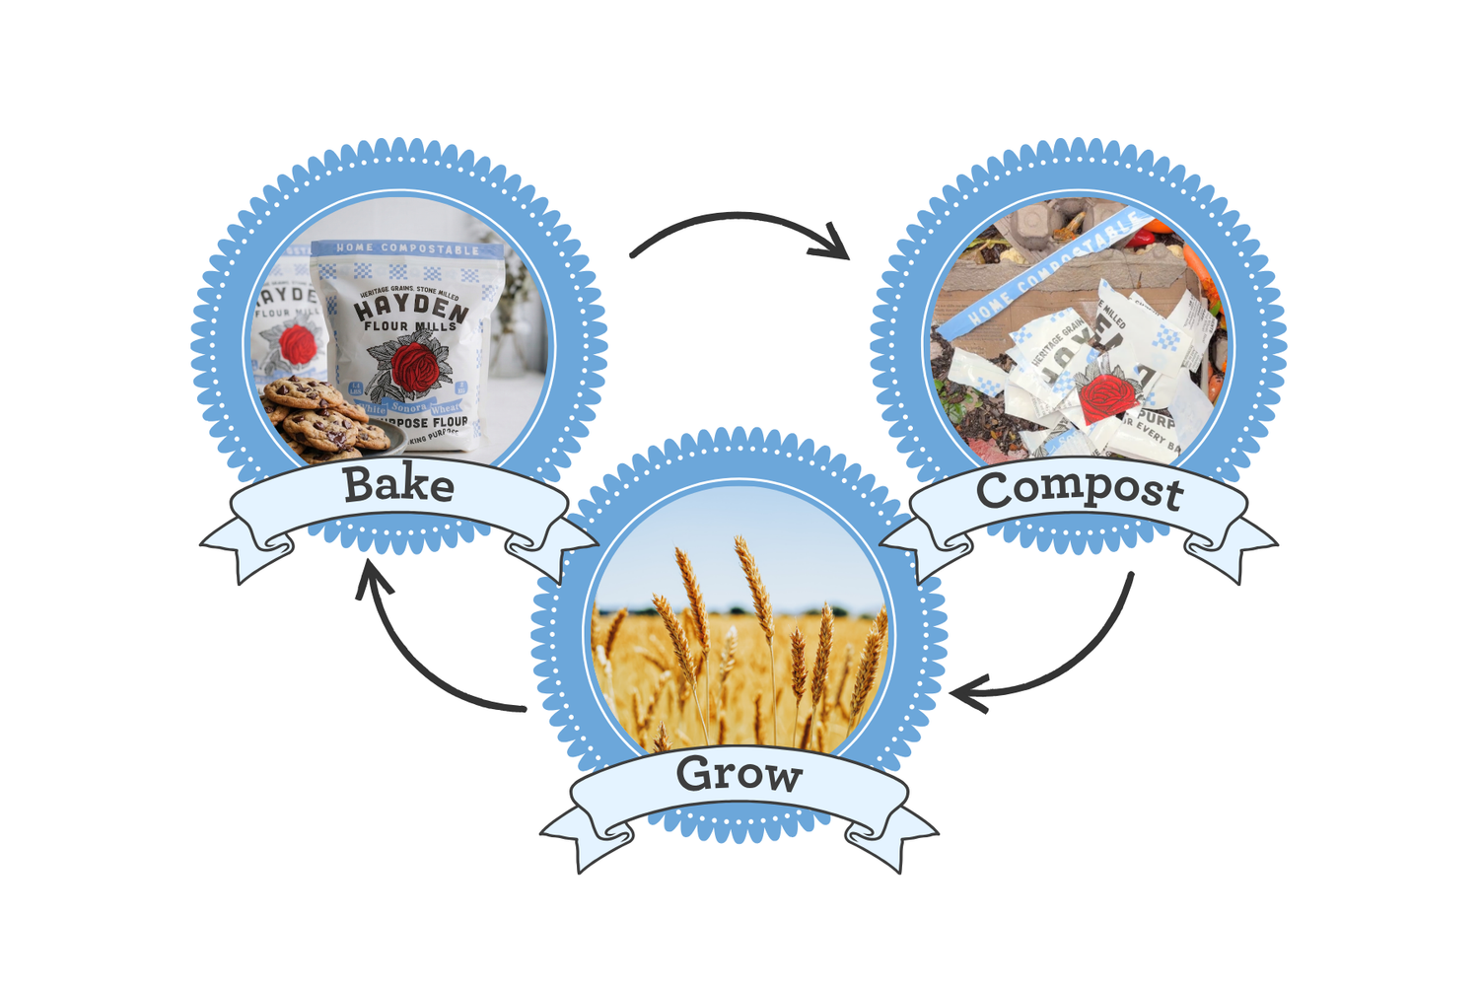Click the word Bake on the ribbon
pos(398,485)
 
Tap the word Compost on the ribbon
pos(1080,490)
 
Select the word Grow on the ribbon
pos(739,774)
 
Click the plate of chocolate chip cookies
pos(325,419)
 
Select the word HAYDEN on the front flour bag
pos(410,307)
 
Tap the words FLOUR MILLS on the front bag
pos(410,326)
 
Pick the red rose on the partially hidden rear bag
pos(296,345)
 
